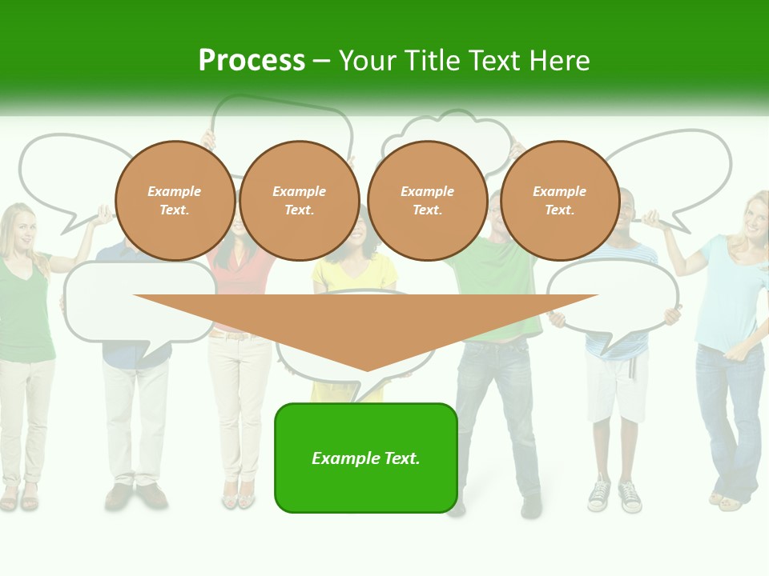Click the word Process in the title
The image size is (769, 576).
point(252,61)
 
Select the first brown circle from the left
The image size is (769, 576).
point(175,201)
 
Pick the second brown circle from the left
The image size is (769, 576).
point(299,201)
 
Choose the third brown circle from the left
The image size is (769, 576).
point(427,201)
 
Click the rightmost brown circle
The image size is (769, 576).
point(559,201)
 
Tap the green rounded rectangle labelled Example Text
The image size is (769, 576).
point(366,458)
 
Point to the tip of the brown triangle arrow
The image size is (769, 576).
point(367,370)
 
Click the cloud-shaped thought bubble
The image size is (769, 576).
point(449,136)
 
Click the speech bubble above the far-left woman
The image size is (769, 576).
point(64,172)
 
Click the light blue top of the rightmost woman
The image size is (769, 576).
point(725,296)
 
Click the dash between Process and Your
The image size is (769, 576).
point(322,61)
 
